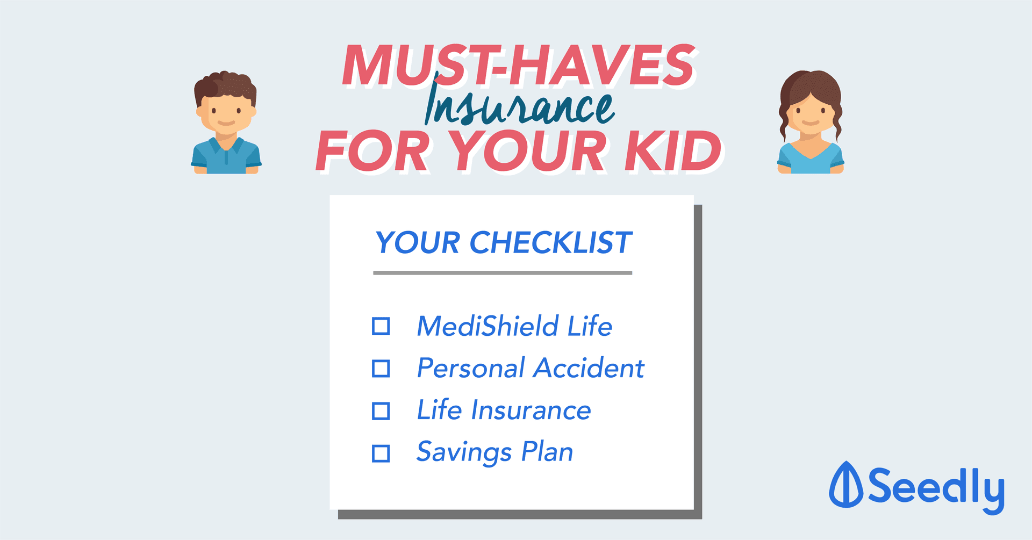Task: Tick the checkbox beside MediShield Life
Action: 381,326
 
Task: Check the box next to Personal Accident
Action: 381,369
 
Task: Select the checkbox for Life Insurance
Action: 381,411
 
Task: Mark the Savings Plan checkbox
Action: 381,453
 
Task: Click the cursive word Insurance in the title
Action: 519,105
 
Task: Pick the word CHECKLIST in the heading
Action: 551,243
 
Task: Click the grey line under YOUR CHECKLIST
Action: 503,273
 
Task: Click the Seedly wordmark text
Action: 936,488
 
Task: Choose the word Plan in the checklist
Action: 547,452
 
